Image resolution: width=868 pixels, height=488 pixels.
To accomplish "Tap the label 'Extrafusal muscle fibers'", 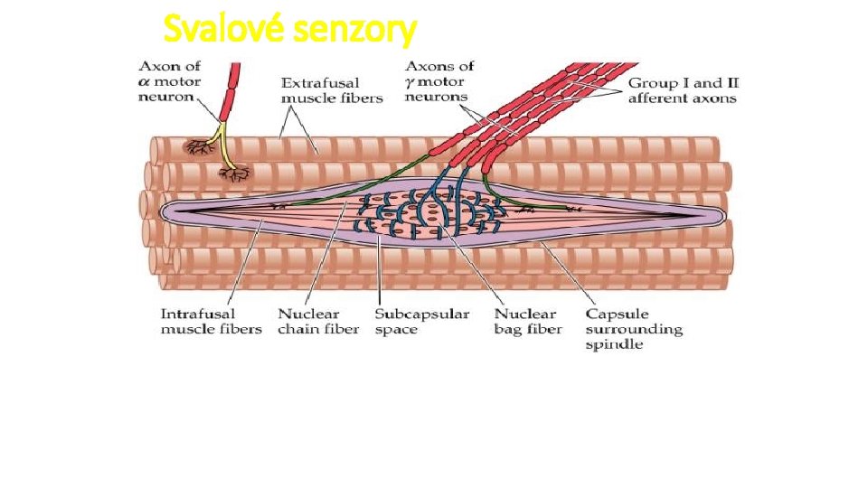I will (332, 89).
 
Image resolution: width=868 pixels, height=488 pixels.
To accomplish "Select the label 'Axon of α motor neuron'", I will (169, 81).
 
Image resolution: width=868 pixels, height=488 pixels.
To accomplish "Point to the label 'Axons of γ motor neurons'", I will (439, 81).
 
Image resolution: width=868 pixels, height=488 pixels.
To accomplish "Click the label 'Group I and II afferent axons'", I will (683, 89).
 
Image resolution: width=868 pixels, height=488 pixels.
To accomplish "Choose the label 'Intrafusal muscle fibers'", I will (211, 321).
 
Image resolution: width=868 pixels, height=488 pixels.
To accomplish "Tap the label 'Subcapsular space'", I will (422, 321).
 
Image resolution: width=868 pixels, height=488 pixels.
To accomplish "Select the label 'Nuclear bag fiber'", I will (528, 321).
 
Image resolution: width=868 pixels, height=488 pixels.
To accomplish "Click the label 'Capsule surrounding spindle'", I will (633, 329).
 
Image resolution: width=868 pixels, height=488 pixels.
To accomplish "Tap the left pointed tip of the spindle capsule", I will (163, 211).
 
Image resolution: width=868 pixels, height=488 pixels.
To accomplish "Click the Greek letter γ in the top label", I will (410, 82).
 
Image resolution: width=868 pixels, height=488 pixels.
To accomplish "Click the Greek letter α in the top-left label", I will (145, 82).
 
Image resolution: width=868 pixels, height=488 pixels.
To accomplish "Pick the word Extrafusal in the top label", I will (316, 82).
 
